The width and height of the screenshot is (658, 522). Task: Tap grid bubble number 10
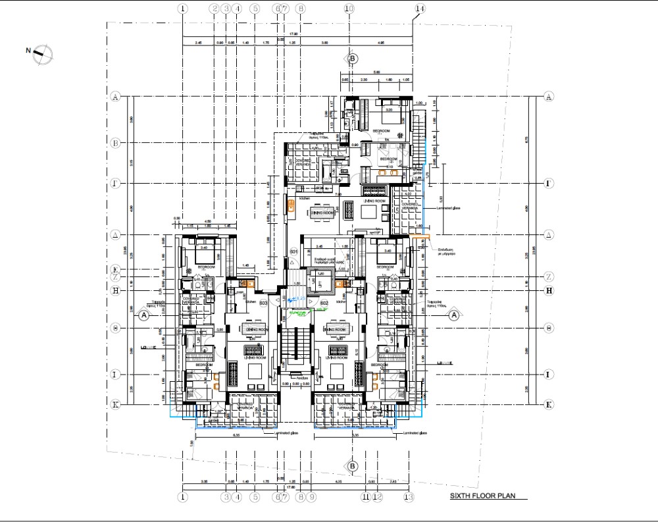coord(349,9)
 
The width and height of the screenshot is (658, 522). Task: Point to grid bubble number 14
coord(420,9)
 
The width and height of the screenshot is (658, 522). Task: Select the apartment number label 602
coord(324,303)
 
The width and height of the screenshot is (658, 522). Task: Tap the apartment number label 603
coord(263,303)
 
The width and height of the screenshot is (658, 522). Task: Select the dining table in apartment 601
coord(323,213)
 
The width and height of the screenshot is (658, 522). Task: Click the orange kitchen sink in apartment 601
coord(290,206)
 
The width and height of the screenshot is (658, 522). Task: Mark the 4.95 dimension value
coord(381,43)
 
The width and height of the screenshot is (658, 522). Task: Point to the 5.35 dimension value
coord(356,434)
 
